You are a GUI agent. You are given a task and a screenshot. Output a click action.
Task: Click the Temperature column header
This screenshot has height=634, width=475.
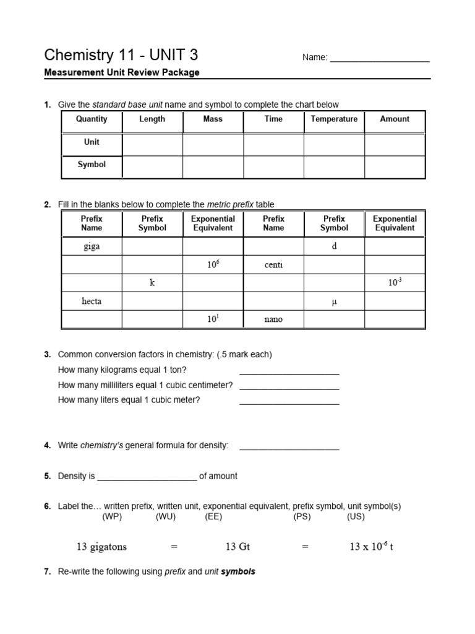(x=334, y=119)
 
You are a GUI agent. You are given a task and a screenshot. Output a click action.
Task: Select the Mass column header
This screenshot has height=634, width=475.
(x=213, y=119)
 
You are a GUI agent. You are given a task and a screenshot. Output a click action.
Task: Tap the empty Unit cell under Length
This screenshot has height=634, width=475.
(x=152, y=144)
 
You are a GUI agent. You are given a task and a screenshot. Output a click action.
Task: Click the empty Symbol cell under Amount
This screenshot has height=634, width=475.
(x=395, y=167)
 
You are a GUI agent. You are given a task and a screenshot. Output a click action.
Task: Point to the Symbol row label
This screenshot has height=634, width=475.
(x=92, y=165)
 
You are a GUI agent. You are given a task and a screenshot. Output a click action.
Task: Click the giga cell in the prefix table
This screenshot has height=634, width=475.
(x=92, y=246)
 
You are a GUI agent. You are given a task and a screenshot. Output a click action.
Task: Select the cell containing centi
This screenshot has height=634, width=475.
(x=273, y=264)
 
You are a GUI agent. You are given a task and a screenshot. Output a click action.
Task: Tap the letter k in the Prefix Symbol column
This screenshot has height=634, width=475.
(x=152, y=283)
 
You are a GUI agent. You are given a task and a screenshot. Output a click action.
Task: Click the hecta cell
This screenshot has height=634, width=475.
(x=92, y=301)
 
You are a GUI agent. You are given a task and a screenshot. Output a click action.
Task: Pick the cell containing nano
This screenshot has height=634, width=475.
(x=273, y=319)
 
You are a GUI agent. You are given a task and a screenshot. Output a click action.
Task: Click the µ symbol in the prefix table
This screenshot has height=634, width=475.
(x=334, y=302)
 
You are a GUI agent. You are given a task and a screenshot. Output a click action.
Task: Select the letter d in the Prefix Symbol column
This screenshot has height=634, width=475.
(x=334, y=246)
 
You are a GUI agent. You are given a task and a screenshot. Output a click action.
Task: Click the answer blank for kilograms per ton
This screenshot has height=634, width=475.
(x=289, y=371)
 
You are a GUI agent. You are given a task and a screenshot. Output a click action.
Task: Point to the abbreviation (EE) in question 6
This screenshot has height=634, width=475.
(x=213, y=516)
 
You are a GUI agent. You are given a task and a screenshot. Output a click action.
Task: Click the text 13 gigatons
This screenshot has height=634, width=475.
(x=101, y=547)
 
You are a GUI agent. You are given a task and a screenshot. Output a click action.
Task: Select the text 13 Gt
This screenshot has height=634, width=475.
(x=237, y=547)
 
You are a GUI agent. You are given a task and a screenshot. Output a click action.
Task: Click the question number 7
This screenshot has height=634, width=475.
(x=47, y=571)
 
